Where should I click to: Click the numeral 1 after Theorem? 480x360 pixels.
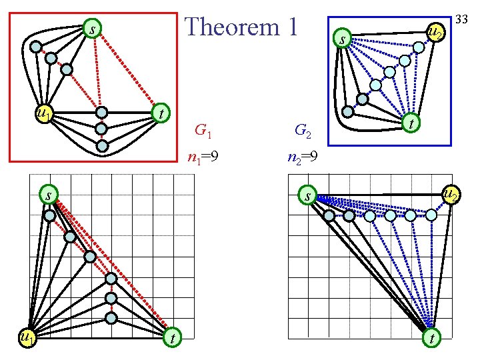(290, 27)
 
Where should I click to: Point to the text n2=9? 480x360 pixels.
(303, 158)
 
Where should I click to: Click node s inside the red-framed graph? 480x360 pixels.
(93, 29)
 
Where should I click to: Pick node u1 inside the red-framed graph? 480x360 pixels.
(44, 114)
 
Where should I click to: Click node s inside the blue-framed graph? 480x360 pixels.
(342, 40)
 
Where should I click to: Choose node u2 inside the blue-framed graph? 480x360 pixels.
(435, 31)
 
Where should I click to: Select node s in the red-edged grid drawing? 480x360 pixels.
(48, 195)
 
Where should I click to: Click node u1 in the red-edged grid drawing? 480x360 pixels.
(27, 339)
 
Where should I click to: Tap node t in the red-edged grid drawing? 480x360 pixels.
(173, 338)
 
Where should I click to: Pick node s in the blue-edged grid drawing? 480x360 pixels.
(306, 196)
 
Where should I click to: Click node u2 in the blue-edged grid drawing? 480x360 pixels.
(451, 195)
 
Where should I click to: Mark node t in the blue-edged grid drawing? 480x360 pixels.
(432, 338)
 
